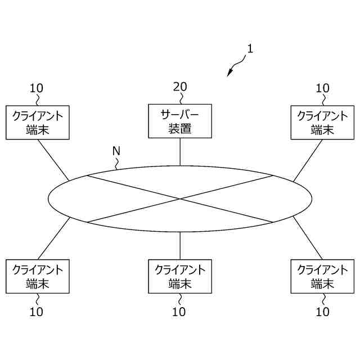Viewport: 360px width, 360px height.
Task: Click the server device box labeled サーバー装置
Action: pos(180,121)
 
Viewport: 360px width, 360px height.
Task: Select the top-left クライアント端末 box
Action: pos(38,122)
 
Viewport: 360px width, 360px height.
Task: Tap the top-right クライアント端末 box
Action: pos(322,122)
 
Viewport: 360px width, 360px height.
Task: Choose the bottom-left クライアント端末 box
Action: pos(38,276)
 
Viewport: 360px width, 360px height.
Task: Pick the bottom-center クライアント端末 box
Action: pos(180,276)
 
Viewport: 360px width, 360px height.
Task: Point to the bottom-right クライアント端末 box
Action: pos(322,276)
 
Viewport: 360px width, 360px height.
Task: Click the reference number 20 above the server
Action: pos(180,87)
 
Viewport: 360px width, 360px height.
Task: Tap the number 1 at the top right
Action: pos(250,48)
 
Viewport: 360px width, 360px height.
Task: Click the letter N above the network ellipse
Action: pos(116,151)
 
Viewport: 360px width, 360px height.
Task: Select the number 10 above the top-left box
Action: pos(37,88)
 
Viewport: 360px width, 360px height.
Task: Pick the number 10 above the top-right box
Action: pos(322,88)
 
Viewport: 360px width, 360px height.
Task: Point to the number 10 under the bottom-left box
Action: pos(37,312)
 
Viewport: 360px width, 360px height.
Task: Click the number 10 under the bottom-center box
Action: pos(179,312)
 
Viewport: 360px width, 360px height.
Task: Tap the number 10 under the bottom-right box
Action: pos(322,312)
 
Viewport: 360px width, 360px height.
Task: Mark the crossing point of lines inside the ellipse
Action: pos(180,199)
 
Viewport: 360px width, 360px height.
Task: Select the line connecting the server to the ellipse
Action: pos(180,152)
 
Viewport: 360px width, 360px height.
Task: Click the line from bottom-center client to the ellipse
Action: pos(180,245)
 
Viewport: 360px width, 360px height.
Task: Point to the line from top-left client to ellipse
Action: pos(53,160)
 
